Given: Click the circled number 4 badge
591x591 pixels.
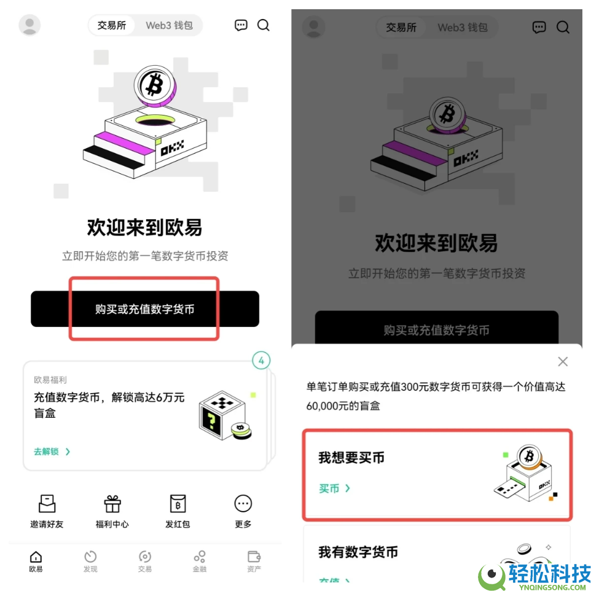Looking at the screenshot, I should point(261,361).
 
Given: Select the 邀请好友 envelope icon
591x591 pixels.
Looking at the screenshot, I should point(47,504).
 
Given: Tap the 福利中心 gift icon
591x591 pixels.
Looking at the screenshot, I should point(112,504).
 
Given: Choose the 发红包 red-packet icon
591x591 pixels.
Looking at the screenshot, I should point(178,504).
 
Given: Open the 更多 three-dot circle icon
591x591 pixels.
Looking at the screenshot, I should point(243,504).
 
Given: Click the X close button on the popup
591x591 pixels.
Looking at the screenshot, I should point(562,362).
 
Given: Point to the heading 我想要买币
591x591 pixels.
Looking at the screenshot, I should point(351,458).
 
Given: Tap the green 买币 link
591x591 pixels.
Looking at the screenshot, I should point(334,488).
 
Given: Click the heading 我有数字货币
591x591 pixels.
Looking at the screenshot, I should point(358,552).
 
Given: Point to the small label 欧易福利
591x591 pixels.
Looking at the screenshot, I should point(50,380).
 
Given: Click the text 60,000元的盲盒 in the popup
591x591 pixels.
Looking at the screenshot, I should point(343,406).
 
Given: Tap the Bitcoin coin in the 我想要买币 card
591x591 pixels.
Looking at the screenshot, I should point(528,456).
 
